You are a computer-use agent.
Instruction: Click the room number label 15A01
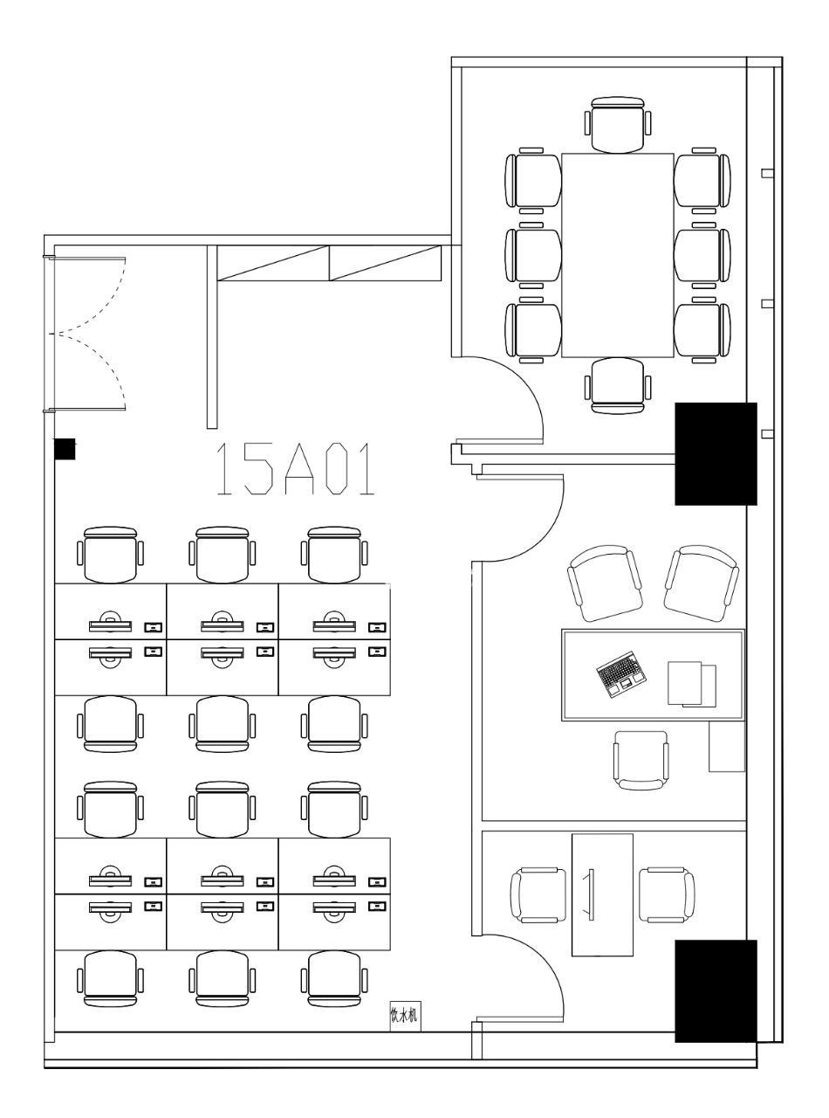coord(296,469)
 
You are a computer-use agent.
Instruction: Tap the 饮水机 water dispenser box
coord(405,1016)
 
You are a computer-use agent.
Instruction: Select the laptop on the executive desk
coord(621,675)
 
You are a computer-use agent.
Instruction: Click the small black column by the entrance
coord(65,449)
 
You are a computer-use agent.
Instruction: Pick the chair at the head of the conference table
coord(618,125)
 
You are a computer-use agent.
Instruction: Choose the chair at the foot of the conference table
coord(618,386)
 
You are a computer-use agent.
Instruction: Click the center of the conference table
coord(618,256)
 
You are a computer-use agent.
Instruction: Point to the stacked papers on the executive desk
coord(691,684)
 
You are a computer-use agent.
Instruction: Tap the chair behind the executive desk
coord(641,761)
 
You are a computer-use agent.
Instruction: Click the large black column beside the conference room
coord(716,453)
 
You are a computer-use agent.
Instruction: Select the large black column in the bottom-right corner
coord(716,991)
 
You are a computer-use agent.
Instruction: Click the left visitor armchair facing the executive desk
coord(605,583)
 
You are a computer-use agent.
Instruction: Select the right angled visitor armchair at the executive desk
coord(701,583)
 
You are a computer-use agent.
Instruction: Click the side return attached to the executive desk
coord(727,746)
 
